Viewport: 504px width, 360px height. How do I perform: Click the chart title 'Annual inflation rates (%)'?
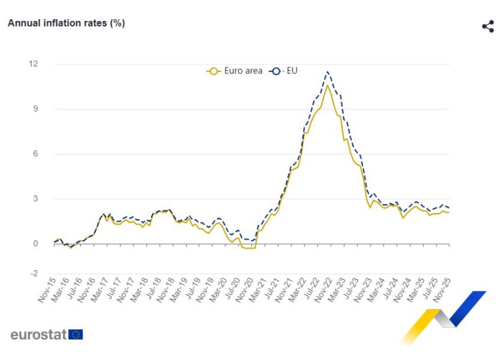click(66, 23)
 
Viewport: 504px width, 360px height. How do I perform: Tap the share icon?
click(488, 27)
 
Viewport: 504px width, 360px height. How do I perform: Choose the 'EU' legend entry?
click(285, 70)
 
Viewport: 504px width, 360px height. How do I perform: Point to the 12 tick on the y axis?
click(33, 64)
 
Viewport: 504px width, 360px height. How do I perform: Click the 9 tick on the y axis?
click(35, 109)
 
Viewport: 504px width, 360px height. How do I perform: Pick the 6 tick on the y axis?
click(35, 154)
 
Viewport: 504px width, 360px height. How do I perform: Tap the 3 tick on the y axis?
click(35, 199)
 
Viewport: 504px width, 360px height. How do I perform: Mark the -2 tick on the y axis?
click(33, 274)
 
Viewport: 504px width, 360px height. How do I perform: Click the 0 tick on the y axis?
click(35, 244)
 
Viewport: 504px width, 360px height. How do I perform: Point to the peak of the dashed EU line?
click(328, 71)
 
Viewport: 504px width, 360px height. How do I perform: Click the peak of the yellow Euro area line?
click(328, 85)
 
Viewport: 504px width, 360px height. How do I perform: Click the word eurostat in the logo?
click(38, 334)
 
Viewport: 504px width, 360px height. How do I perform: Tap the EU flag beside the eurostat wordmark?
click(76, 334)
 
